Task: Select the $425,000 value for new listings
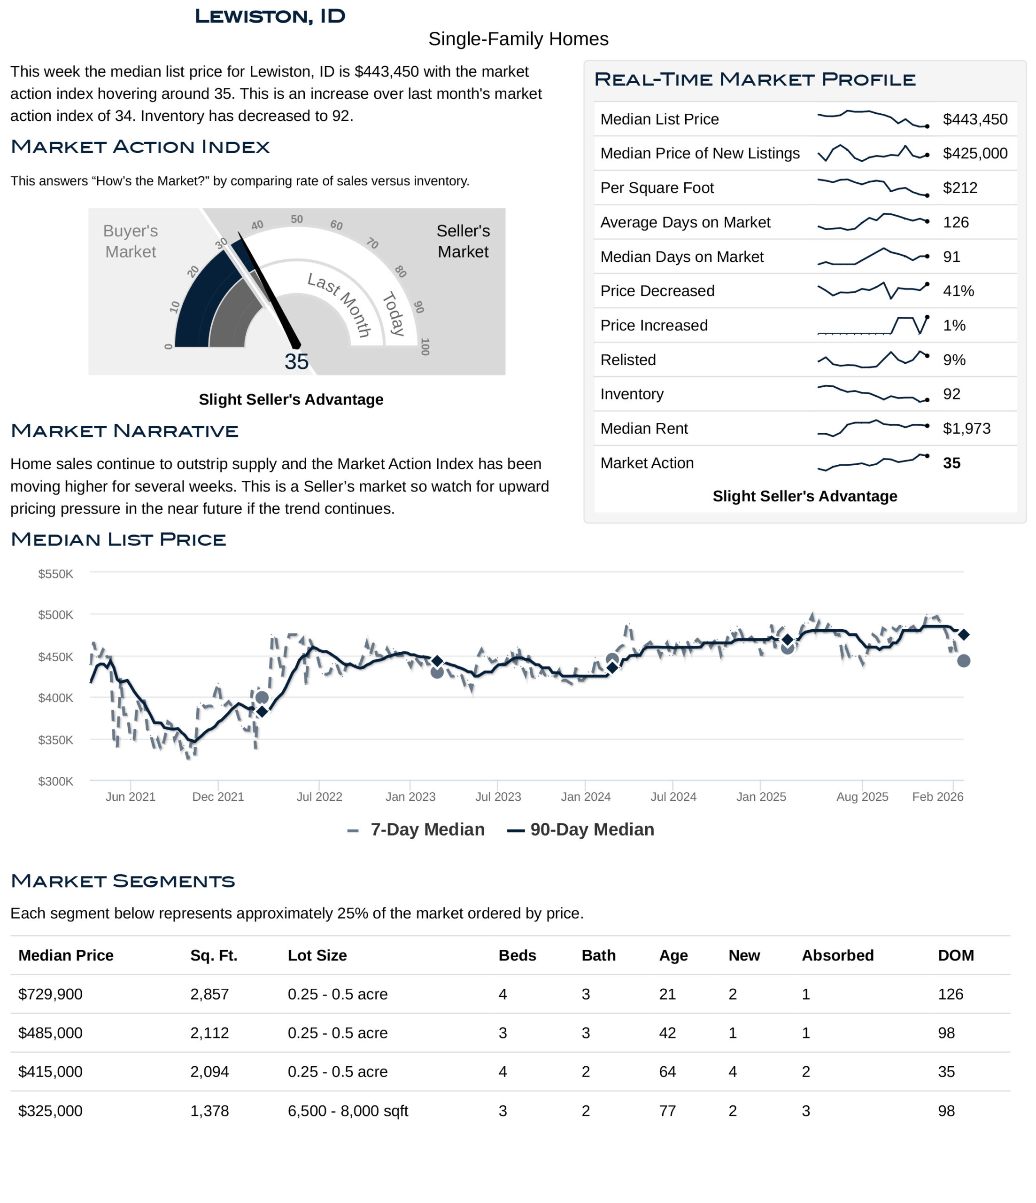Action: pyautogui.click(x=974, y=153)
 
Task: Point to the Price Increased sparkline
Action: pyautogui.click(x=872, y=325)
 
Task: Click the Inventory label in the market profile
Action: pyautogui.click(x=632, y=394)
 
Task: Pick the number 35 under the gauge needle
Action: pyautogui.click(x=296, y=362)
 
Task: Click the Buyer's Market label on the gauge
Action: pyautogui.click(x=131, y=241)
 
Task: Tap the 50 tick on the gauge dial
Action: pyautogui.click(x=297, y=219)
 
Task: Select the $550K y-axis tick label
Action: pyautogui.click(x=56, y=574)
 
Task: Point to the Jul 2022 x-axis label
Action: pyautogui.click(x=319, y=797)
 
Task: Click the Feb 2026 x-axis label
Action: pyautogui.click(x=937, y=797)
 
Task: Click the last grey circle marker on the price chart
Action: pyautogui.click(x=964, y=661)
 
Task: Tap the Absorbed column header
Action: pyautogui.click(x=837, y=956)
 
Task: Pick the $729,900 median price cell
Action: pyautogui.click(x=51, y=994)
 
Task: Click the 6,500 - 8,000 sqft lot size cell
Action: pyautogui.click(x=348, y=1111)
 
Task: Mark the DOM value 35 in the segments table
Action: pyautogui.click(x=946, y=1072)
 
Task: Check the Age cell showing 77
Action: pyautogui.click(x=667, y=1111)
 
